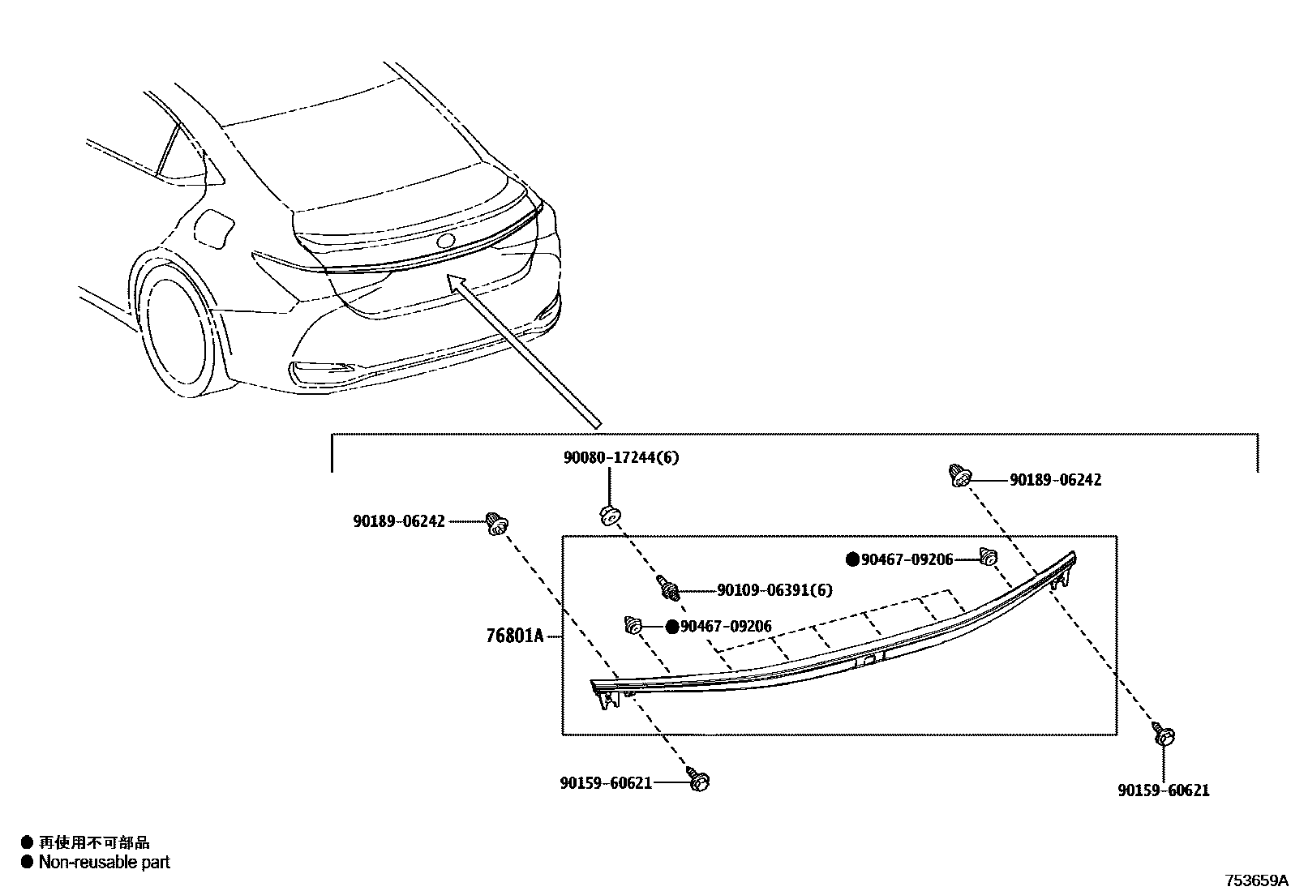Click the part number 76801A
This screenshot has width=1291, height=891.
coord(514,636)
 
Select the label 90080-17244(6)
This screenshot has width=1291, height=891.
coord(621,457)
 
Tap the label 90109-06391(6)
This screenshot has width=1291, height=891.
coord(774,590)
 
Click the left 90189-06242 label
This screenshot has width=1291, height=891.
coord(399,521)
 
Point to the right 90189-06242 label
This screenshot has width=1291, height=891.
coord(1055,480)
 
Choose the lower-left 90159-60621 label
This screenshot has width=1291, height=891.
coord(606,783)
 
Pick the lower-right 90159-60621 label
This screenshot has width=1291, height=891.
coord(1163,790)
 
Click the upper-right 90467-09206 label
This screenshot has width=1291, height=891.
coord(907,559)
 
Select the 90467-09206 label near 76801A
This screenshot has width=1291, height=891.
coord(726,626)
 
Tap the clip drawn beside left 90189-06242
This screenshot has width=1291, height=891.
coord(496,524)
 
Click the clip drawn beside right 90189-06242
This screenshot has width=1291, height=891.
coord(960,476)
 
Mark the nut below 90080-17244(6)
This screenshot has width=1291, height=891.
coord(610,515)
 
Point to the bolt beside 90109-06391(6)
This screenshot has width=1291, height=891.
coord(669,587)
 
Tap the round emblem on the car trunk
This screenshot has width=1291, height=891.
coord(446,241)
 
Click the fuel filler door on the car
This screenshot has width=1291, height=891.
coord(215,228)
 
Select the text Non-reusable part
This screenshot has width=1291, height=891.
coord(104,863)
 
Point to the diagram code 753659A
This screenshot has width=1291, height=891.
coord(1256,880)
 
